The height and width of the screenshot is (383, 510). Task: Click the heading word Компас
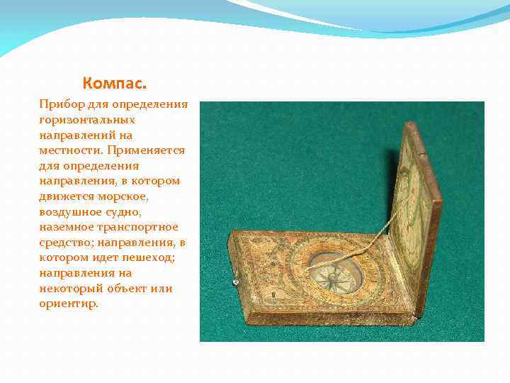(114, 84)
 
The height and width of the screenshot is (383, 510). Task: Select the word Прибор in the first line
(60, 104)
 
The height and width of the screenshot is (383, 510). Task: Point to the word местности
(68, 150)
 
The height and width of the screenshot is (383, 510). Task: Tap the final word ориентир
(69, 304)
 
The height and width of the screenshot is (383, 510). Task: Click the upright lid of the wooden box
(418, 206)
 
